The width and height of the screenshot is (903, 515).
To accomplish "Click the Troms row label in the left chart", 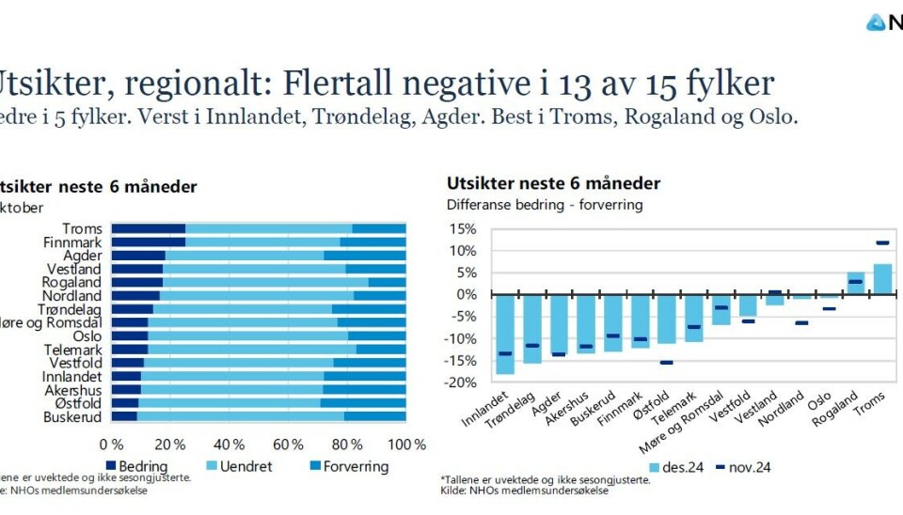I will click(x=82, y=228).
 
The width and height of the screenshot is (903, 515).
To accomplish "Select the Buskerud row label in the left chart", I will click(x=72, y=415).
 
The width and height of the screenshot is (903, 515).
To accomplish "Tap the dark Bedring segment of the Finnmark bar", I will click(x=148, y=242).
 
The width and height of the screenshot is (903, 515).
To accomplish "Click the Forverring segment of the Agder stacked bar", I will click(x=365, y=255).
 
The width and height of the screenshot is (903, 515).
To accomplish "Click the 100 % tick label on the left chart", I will click(x=406, y=443).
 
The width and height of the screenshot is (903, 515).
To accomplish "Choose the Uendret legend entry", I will click(x=239, y=466).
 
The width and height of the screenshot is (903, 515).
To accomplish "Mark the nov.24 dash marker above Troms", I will click(x=882, y=243).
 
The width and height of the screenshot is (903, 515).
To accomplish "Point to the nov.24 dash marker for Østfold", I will click(x=667, y=362).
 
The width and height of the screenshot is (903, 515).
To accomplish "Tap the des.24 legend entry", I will click(x=673, y=466).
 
